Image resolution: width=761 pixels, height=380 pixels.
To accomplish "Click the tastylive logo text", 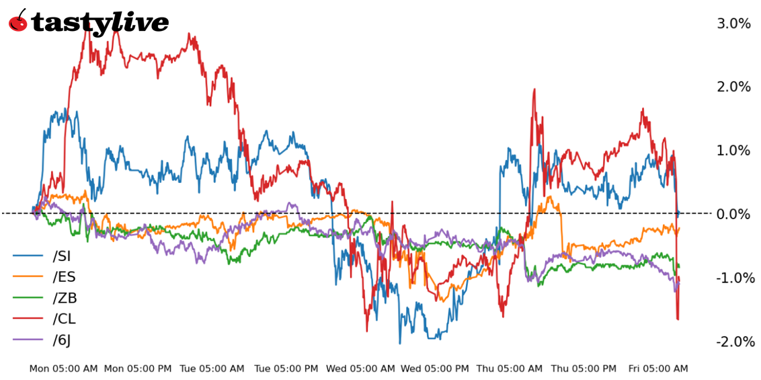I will [99, 23].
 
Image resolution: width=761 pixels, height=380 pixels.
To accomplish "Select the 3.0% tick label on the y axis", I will [733, 24].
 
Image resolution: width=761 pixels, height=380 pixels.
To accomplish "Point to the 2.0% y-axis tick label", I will [733, 87].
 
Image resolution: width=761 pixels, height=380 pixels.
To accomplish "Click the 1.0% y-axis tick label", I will [733, 151].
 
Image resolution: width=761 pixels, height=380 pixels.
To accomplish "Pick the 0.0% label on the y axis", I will [733, 214].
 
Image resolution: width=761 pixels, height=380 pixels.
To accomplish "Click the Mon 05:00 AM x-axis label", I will [63, 369].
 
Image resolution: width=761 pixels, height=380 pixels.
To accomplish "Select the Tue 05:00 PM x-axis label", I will [286, 369].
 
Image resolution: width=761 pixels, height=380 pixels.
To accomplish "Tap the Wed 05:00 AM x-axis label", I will [360, 369].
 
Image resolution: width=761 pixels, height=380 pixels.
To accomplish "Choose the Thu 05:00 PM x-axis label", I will [584, 369].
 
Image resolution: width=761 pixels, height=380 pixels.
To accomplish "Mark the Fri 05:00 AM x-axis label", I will [658, 369].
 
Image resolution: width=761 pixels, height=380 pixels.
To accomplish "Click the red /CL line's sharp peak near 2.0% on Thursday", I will [534, 89].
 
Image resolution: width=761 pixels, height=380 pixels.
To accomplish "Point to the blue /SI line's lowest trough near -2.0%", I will [399, 343].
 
